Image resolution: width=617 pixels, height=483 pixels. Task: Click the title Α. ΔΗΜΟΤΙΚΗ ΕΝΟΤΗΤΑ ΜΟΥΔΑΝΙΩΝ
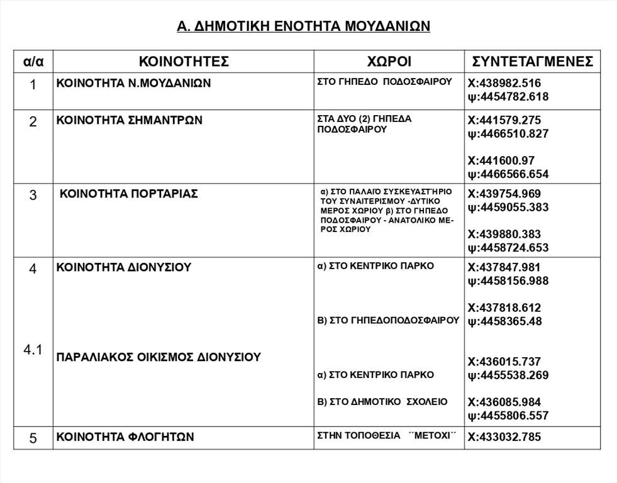tap(304, 26)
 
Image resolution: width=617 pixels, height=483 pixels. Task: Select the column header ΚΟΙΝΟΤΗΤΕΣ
tap(184, 62)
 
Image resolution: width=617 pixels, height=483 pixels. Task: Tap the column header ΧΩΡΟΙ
tap(389, 62)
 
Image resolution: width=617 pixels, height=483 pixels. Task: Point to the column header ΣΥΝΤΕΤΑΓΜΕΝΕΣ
tap(533, 62)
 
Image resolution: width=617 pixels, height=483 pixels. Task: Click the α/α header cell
tap(33, 62)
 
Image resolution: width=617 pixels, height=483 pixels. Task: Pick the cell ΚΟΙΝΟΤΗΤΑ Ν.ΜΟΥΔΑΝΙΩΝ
tap(133, 83)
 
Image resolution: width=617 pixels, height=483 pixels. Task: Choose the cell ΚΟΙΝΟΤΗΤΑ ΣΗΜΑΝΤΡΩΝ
tap(130, 120)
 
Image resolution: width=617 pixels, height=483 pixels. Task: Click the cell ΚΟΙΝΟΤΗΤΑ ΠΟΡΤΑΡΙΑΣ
tap(128, 194)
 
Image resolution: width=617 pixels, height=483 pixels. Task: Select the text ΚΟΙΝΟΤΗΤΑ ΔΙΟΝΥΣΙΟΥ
tap(124, 267)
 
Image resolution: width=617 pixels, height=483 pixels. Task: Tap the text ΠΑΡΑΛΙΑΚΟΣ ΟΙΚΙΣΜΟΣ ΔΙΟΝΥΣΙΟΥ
tap(158, 357)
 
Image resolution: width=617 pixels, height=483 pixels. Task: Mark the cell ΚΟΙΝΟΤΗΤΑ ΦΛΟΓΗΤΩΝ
tap(125, 437)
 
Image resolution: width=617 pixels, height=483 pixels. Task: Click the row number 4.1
tap(33, 351)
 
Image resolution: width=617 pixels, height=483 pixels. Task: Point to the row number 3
tap(33, 195)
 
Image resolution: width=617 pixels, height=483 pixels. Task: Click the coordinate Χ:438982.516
tap(504, 83)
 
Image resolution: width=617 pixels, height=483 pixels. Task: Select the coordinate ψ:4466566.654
tap(508, 174)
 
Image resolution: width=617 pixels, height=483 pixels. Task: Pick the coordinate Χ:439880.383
tap(504, 234)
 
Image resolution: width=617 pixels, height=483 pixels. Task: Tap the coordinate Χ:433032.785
tap(504, 437)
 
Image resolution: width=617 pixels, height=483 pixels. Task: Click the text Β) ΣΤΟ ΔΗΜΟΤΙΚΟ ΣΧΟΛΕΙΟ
tap(382, 401)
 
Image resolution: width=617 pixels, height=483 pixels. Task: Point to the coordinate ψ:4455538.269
tap(508, 375)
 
